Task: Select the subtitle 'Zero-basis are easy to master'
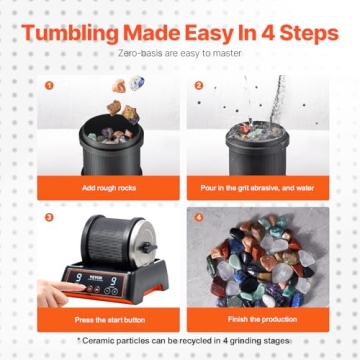coord(180,54)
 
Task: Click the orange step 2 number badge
coord(199,85)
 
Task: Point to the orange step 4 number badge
coord(199,215)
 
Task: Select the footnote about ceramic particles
coord(180,341)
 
